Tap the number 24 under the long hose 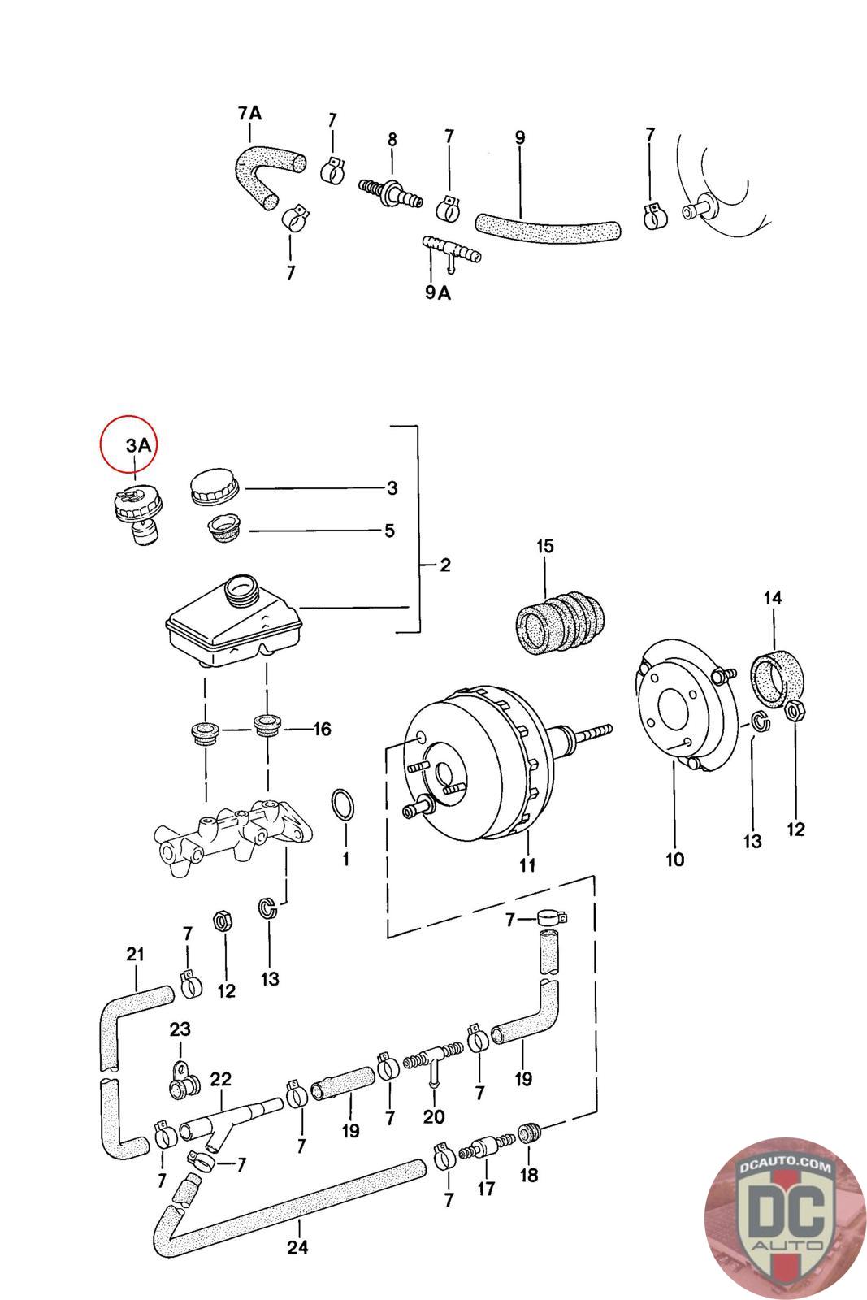(298, 1246)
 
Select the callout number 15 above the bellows (544, 546)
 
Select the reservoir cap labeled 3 (215, 487)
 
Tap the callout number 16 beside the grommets (322, 729)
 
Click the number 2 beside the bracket (444, 565)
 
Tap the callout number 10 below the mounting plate (674, 859)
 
